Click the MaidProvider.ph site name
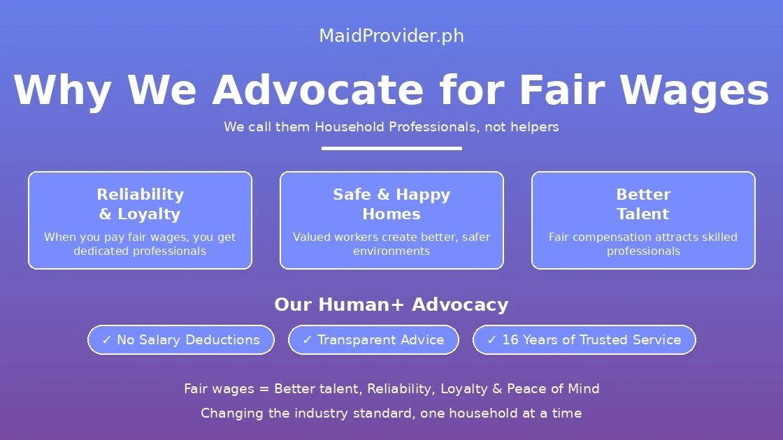(x=391, y=36)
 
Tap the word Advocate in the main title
(x=317, y=90)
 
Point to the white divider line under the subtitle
(x=391, y=148)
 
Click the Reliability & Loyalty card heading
(x=140, y=204)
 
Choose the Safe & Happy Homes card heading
(x=391, y=204)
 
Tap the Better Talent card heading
(x=643, y=204)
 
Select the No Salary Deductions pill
(x=181, y=340)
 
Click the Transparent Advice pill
(x=373, y=340)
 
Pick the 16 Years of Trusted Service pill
(x=584, y=340)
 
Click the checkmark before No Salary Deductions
(x=107, y=340)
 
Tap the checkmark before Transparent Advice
(x=307, y=340)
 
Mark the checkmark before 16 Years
(x=491, y=340)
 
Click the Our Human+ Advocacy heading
(x=391, y=305)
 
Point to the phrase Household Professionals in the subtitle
(x=396, y=127)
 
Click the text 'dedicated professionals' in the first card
(x=140, y=251)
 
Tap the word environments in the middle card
(x=391, y=251)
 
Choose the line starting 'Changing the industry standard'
(x=391, y=413)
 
